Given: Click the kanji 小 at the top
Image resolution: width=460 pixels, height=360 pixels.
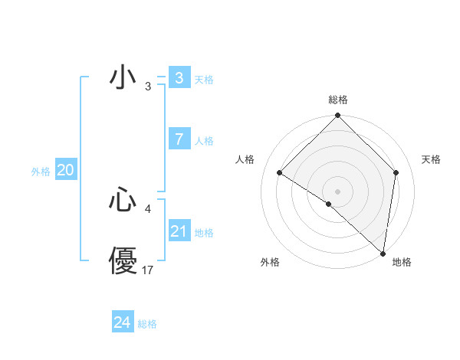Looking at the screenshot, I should point(123,77).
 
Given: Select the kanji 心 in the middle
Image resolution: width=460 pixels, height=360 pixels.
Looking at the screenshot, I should point(123,201).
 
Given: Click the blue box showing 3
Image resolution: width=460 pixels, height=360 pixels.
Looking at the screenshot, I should point(179,78).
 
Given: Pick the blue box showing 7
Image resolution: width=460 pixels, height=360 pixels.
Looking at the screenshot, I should point(179,139).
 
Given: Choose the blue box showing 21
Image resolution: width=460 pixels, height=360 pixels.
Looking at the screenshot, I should point(179,231).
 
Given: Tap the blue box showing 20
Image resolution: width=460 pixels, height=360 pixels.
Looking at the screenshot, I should point(65,170).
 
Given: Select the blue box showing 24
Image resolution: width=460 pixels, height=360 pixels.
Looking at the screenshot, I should point(122,322).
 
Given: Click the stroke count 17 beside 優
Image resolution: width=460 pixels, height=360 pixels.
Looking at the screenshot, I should point(148,270).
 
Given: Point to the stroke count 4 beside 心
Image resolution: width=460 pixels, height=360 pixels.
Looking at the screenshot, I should point(148,208).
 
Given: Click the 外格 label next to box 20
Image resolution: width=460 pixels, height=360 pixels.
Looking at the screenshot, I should point(41,172).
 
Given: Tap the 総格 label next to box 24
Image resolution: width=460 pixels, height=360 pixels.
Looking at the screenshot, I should point(147,324).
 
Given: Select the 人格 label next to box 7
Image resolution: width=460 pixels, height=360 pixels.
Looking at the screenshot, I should point(204,141).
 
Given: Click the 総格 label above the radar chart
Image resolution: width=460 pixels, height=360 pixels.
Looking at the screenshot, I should point(338,100).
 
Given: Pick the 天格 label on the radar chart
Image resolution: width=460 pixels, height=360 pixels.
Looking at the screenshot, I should point(432,159).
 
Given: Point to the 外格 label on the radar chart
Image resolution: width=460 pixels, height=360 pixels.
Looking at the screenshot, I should point(270,262).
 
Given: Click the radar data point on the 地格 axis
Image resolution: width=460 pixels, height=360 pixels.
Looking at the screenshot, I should point(383,254).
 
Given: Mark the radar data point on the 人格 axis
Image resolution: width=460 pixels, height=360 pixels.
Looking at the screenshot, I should point(280,172).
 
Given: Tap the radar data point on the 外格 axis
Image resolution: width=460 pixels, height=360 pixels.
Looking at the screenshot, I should point(329,204).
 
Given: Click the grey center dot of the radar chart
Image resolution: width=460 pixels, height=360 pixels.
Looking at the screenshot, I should point(337,191).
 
